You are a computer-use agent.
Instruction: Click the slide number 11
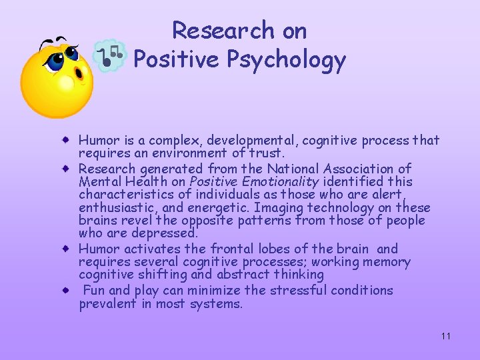coord(446,336)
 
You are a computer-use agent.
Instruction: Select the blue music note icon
coord(108,55)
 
